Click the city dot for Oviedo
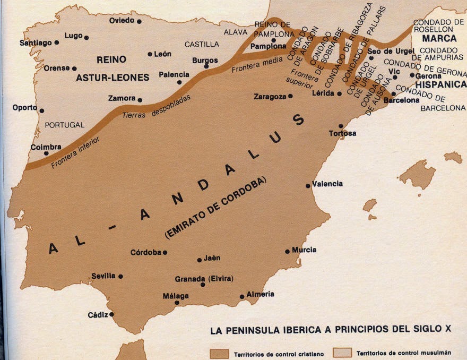coord(139,21)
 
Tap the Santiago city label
coord(36,43)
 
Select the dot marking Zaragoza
coord(290,97)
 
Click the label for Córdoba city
coord(145,252)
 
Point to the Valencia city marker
coord(308,186)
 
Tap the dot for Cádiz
coord(112,314)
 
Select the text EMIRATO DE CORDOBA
coord(216,208)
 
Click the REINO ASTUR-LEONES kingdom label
coord(112,68)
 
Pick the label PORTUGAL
coord(65,125)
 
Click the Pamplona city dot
coord(273,40)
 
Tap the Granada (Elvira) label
coord(204,279)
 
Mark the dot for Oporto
coord(41,111)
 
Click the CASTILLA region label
coord(202,44)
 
